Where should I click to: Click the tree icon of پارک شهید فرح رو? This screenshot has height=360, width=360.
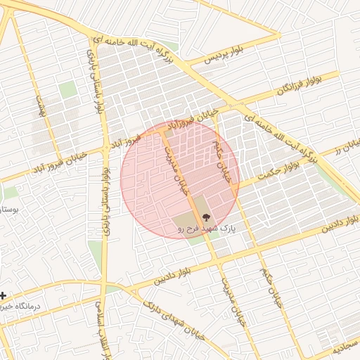pos(205,217)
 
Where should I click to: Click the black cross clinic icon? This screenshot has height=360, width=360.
pos(4,295)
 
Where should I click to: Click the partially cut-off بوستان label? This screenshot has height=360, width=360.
pos(8,210)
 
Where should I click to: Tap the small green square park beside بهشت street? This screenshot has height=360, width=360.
pos(67,90)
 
